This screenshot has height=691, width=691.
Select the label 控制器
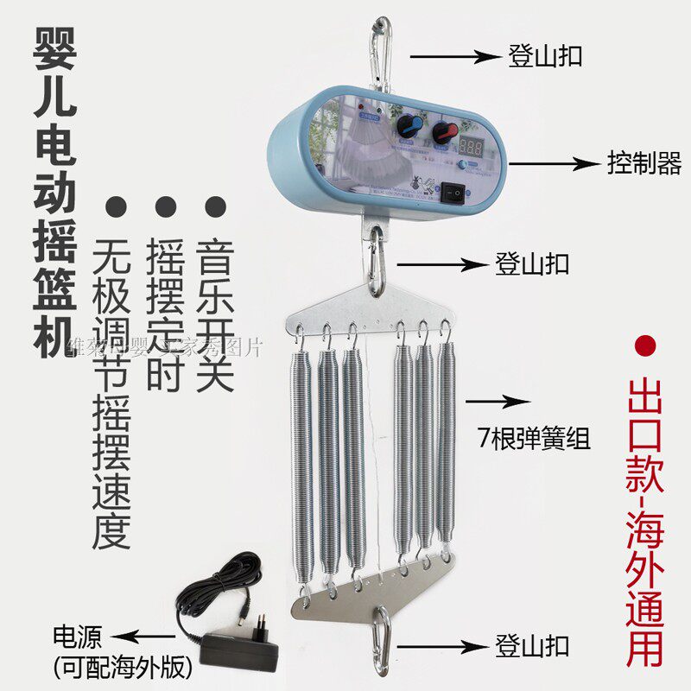click(644, 163)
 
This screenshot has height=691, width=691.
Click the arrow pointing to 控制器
click(554, 162)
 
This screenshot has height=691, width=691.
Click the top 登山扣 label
click(544, 56)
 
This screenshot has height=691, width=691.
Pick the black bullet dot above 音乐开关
click(214, 207)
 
